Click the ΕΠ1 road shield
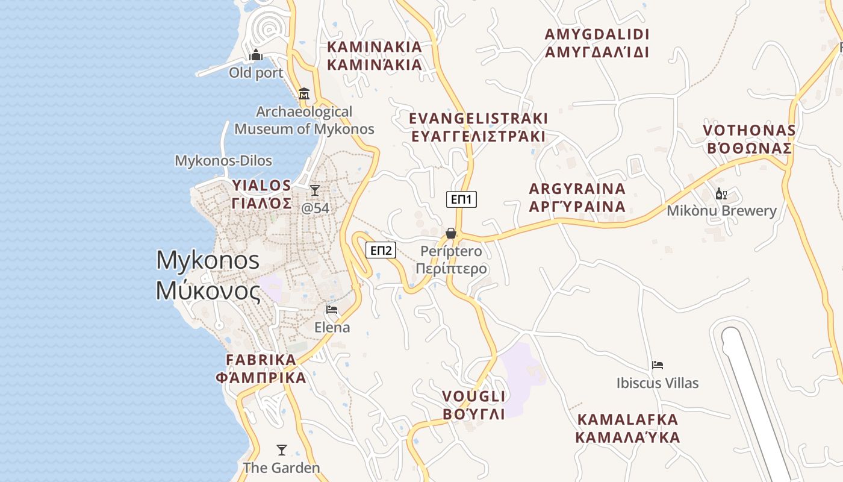tap(461, 199)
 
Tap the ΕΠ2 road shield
tap(381, 250)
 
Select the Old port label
tap(256, 73)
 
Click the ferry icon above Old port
tap(256, 55)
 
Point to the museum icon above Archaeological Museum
tap(304, 94)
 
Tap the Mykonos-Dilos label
tap(223, 161)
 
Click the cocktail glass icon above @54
tap(315, 190)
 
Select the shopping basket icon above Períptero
tap(451, 233)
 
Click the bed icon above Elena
tap(332, 310)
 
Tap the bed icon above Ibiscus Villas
tap(658, 365)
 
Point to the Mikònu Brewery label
tap(721, 211)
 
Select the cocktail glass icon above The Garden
tap(281, 449)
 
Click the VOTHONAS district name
tap(749, 131)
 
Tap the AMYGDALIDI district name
tap(597, 34)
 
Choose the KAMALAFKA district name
tap(627, 419)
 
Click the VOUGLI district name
tap(474, 396)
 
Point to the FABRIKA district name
tap(261, 360)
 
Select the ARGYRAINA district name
tap(577, 189)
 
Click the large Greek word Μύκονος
tap(208, 291)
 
